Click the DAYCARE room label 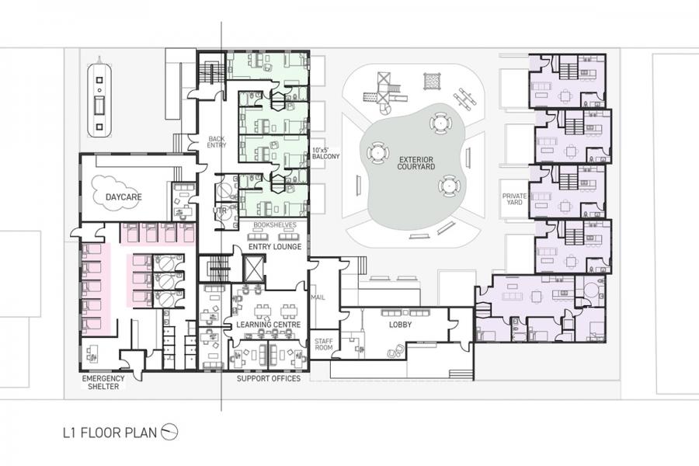click(x=123, y=196)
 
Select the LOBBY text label click(x=400, y=325)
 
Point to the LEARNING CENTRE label click(x=269, y=324)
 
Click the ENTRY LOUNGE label click(x=275, y=247)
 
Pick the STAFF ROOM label click(x=324, y=344)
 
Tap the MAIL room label click(x=318, y=297)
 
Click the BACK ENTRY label click(x=217, y=142)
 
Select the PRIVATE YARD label click(x=514, y=199)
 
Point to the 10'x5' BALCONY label click(x=325, y=153)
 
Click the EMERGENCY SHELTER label click(x=103, y=382)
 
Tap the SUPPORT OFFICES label click(x=269, y=378)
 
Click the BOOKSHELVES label click(x=275, y=225)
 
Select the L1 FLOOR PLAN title click(x=110, y=433)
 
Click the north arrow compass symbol click(x=169, y=432)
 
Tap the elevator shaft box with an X click(x=254, y=268)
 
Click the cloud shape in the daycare click(x=116, y=193)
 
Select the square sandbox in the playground click(x=431, y=82)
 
